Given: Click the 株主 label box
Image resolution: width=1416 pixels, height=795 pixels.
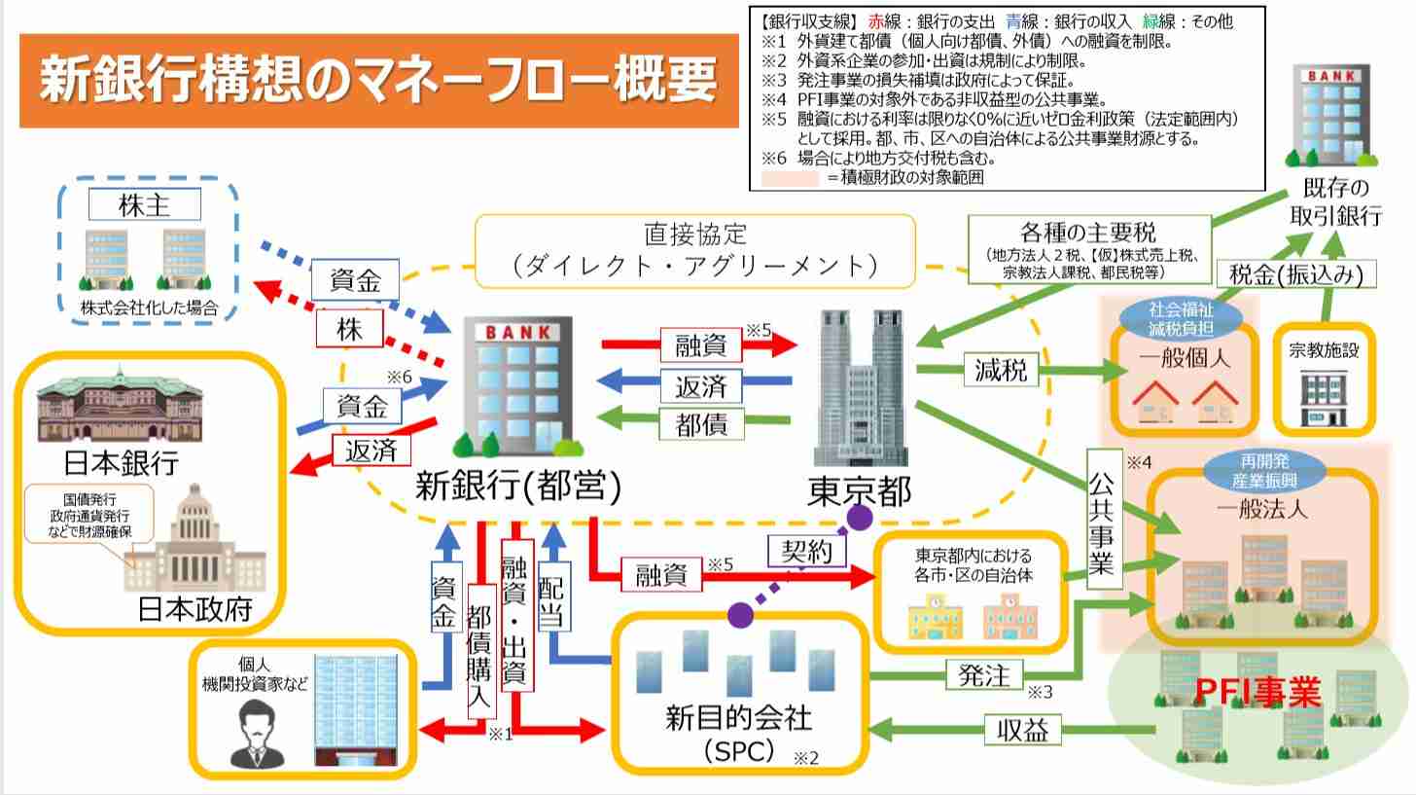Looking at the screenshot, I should click(x=145, y=204).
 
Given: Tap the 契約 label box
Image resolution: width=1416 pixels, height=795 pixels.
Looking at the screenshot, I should click(x=806, y=552).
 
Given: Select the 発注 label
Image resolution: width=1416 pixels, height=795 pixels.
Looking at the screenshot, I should click(x=983, y=674).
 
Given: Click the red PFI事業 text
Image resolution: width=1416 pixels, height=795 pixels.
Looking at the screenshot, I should click(x=1257, y=693).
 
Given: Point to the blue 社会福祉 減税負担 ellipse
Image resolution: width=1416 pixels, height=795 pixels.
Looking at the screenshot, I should click(x=1182, y=315).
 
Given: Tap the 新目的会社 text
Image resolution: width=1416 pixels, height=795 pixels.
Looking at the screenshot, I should click(x=738, y=718).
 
